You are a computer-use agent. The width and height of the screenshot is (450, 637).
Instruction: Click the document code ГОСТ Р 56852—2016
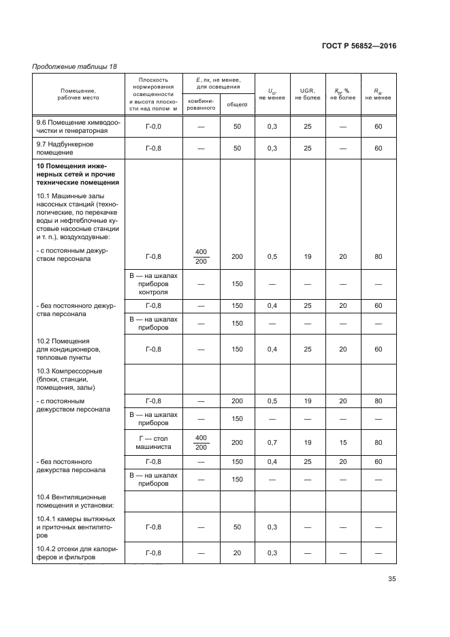coord(358,46)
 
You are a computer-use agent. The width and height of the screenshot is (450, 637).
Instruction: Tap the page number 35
coord(392,579)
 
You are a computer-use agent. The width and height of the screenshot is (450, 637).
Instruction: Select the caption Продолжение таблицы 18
coord(75,66)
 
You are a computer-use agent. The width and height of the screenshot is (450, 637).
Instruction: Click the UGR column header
coord(306,94)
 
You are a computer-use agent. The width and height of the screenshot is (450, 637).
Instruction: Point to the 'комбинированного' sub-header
coord(201,104)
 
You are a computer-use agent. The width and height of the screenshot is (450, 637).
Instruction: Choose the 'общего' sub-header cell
coord(237,104)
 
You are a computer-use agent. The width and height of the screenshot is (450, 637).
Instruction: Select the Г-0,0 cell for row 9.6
coord(154,127)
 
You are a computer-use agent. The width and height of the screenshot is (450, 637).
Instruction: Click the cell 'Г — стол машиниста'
coord(154,442)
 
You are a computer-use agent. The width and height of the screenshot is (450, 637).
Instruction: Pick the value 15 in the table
coord(342,442)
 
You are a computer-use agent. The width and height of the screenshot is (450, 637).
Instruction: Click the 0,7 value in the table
coord(272,442)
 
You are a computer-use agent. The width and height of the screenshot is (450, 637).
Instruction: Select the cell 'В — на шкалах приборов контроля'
coord(154,283)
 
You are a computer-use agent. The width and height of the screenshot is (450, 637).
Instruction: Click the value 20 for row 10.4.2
coord(237,553)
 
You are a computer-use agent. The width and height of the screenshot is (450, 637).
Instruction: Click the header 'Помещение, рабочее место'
coord(78,94)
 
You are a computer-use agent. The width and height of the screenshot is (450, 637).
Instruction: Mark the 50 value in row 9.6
coord(237,127)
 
